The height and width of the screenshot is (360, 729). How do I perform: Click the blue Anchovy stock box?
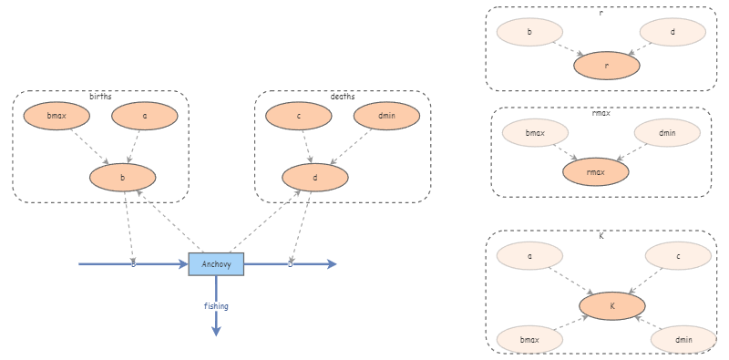pos(216,264)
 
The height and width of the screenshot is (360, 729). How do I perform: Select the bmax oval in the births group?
pos(56,116)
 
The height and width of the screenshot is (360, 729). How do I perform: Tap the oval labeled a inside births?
pos(145,116)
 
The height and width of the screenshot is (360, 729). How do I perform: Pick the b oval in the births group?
pos(123,177)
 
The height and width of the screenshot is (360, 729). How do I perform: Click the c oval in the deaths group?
pos(299,116)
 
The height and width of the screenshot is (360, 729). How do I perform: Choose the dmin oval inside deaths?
pos(386,116)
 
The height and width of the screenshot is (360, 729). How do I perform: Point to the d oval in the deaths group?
pos(315,177)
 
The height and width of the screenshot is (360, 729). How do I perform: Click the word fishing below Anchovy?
pos(216,306)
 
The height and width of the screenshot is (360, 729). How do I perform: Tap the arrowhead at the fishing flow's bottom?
pos(216,331)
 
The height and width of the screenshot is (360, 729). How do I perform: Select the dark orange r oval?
pos(607,66)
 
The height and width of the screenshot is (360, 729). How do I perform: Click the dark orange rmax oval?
pos(596,171)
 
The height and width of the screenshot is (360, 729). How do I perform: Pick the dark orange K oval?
pos(612,306)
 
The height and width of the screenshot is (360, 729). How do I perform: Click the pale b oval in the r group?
pos(530,32)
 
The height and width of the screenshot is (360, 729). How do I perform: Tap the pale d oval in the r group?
pos(673,32)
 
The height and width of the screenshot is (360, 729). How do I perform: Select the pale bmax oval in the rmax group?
pos(535,132)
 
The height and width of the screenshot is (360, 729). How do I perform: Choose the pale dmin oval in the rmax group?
pos(667,132)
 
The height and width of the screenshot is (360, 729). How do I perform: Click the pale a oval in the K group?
pos(530,255)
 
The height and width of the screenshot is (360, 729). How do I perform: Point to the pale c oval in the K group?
pos(678,255)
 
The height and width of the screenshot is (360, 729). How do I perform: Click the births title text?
pos(100,97)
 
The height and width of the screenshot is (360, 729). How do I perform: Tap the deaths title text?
pos(343,97)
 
